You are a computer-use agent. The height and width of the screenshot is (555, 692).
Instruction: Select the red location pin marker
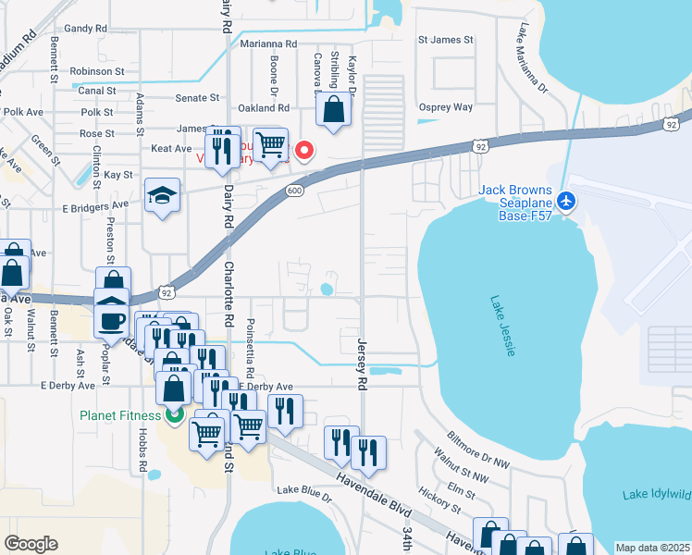click(303, 149)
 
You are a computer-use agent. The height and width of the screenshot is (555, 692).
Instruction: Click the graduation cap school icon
click(162, 195)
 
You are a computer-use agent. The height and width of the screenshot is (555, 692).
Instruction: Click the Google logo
click(31, 544)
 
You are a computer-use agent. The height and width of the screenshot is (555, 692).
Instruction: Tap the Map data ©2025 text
click(652, 548)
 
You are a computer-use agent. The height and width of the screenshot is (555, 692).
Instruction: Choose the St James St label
click(445, 40)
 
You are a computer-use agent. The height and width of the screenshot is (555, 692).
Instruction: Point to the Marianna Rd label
click(268, 43)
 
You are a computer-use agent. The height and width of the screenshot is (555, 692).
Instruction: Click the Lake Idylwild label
click(657, 494)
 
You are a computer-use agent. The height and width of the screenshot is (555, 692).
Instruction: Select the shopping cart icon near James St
click(269, 143)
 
